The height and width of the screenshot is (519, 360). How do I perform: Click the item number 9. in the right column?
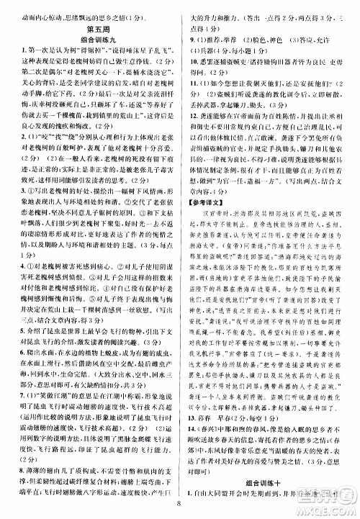tap(189, 37)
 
